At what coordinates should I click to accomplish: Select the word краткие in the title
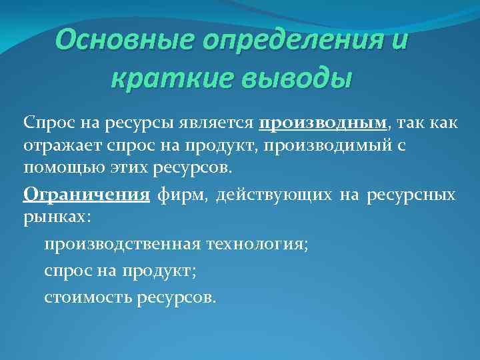click(x=157, y=79)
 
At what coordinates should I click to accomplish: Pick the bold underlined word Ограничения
click(x=85, y=196)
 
